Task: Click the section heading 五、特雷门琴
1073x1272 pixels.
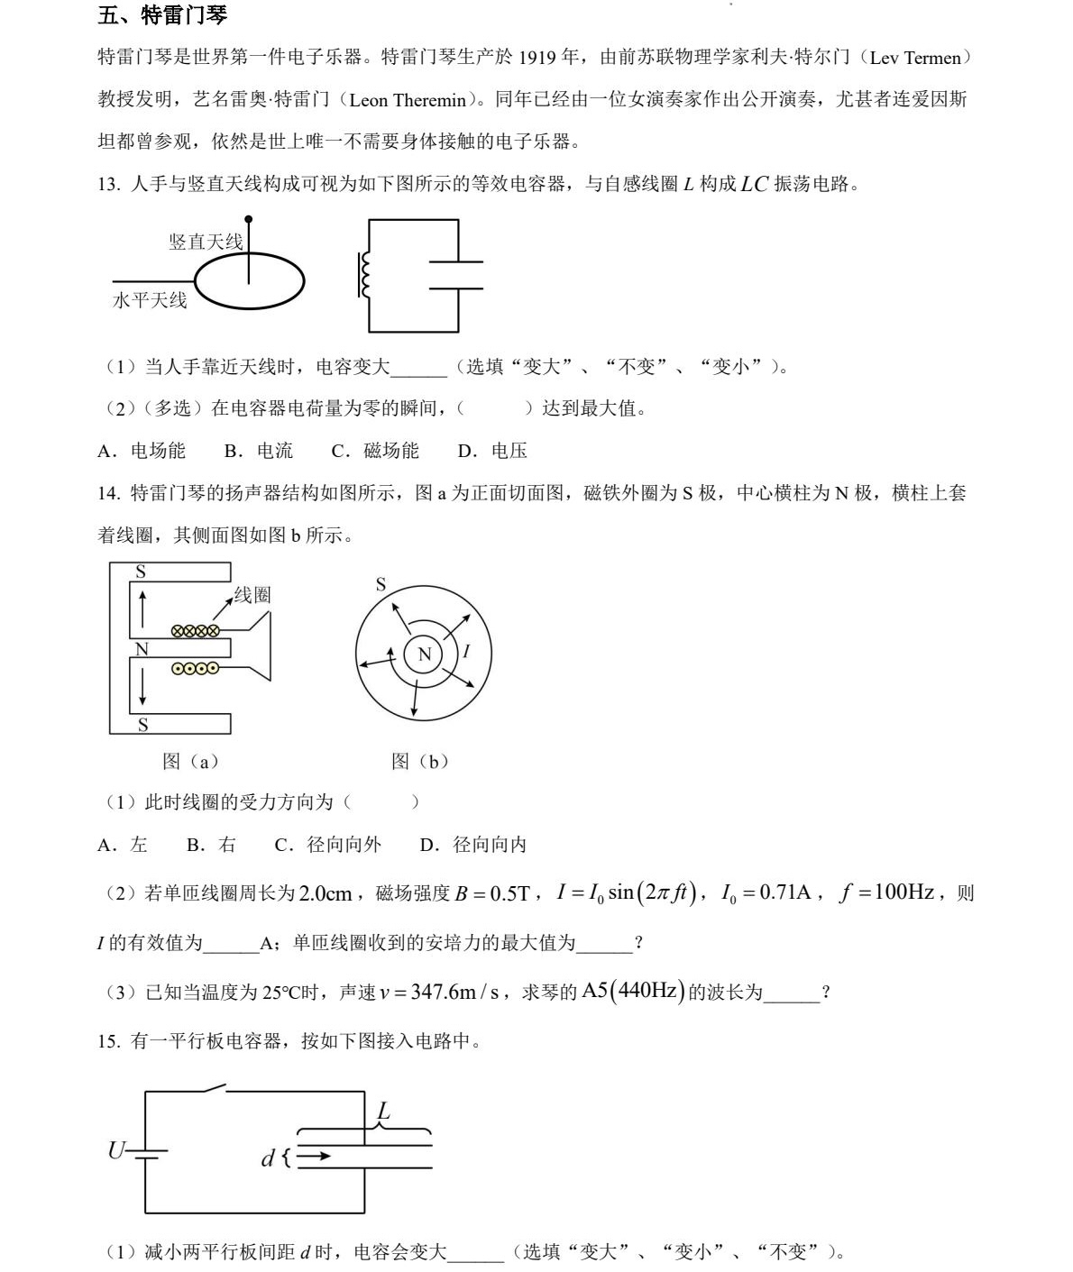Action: coord(162,15)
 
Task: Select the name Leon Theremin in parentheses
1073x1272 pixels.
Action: coord(408,100)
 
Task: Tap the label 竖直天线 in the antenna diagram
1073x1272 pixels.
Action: coord(206,242)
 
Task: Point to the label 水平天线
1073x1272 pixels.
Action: coord(150,301)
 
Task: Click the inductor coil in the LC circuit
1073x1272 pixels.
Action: coord(364,274)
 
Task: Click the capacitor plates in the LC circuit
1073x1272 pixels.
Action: coord(456,275)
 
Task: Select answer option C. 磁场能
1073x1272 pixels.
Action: coord(375,451)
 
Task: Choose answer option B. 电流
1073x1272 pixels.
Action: coord(259,451)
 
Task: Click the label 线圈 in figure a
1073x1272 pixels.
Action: coord(252,595)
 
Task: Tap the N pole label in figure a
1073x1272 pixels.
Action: coord(142,649)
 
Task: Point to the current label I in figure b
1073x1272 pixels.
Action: coord(466,651)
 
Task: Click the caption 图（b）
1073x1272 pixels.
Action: coord(420,762)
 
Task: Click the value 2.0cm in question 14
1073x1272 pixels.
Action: coord(325,893)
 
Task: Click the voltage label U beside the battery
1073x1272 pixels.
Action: coord(116,1150)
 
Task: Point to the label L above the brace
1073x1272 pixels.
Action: coord(384,1112)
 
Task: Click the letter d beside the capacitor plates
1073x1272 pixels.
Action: coord(268,1158)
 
